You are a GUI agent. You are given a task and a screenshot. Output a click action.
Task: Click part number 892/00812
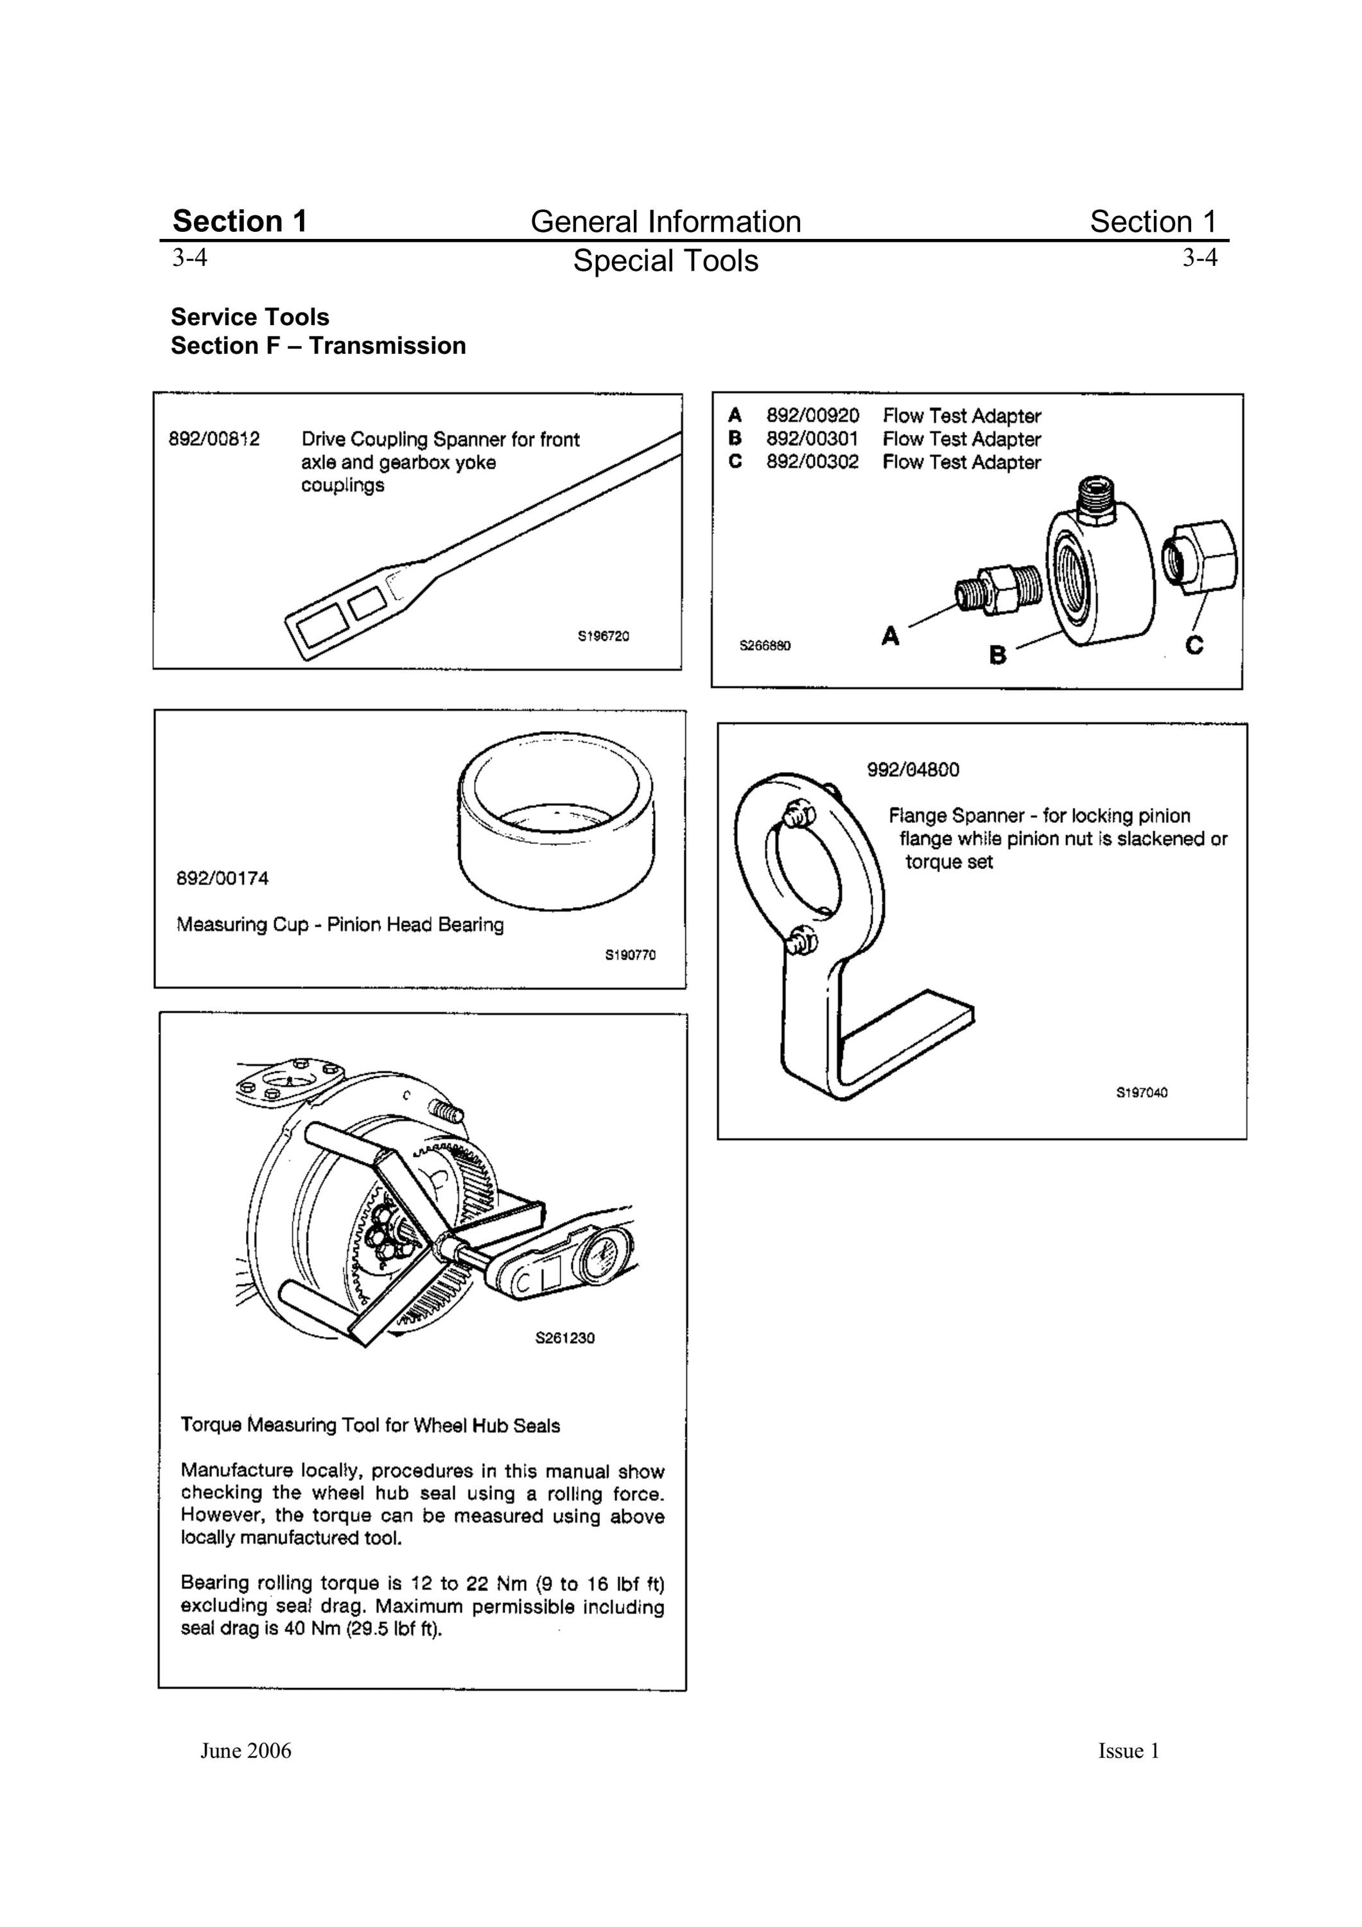pos(215,439)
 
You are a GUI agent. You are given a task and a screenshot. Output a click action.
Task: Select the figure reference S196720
pos(604,636)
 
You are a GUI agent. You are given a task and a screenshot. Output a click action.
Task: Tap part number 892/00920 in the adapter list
pos(812,416)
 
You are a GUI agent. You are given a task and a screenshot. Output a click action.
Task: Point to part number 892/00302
pos(812,462)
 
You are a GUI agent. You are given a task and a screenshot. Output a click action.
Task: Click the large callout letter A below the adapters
pos(891,636)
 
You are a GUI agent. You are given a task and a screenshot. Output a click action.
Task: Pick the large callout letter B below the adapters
pos(998,654)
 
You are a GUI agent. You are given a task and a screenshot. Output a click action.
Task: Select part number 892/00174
pos(222,879)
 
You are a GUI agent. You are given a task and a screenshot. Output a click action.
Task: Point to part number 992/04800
pos(913,770)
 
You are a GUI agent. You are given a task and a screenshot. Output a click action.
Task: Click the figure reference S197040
pos(1141,1093)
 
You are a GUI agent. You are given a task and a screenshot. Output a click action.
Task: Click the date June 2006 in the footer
pos(246,1751)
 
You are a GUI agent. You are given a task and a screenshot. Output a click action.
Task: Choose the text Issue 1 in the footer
pos(1129,1751)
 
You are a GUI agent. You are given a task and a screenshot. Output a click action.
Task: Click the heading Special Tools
pos(665,261)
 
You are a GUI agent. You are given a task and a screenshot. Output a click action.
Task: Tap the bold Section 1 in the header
pos(240,221)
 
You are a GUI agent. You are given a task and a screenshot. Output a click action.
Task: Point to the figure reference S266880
pos(765,646)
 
